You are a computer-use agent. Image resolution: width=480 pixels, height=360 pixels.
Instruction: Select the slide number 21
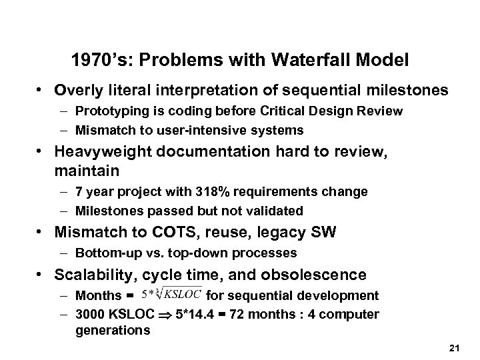455,349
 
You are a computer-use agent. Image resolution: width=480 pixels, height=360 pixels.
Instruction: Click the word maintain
84,171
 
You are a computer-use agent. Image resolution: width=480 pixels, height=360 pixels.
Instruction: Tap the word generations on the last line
113,331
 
